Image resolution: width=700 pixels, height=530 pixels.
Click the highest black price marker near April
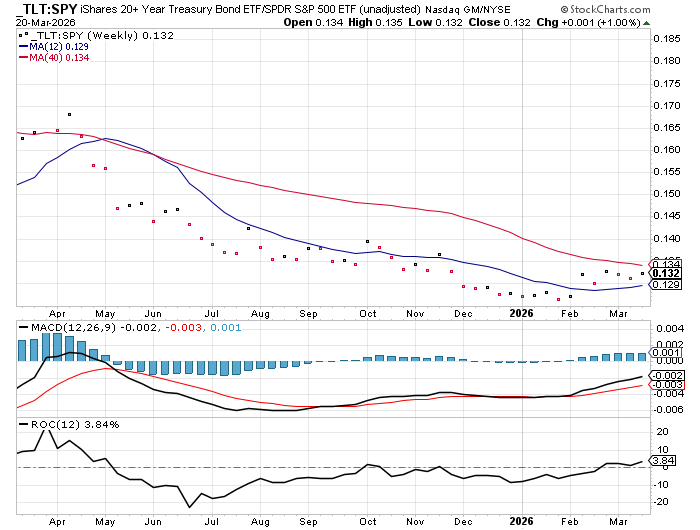69,115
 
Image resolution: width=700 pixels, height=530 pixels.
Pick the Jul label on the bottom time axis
208,521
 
